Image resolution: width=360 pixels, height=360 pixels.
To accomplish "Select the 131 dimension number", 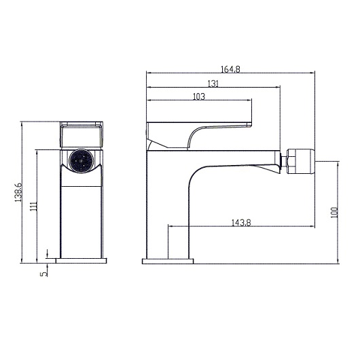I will tap(213, 83).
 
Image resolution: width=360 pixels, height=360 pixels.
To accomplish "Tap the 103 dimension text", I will tap(199, 97).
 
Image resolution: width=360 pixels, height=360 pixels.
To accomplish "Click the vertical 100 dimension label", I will tap(334, 213).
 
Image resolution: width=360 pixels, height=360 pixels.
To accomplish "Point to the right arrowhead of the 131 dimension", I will tap(278, 88).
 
